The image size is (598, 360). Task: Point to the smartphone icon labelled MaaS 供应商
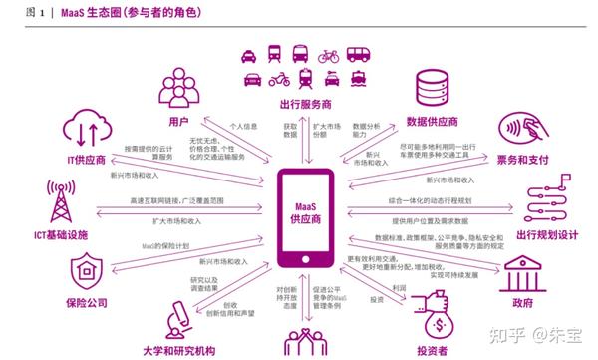296,210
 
